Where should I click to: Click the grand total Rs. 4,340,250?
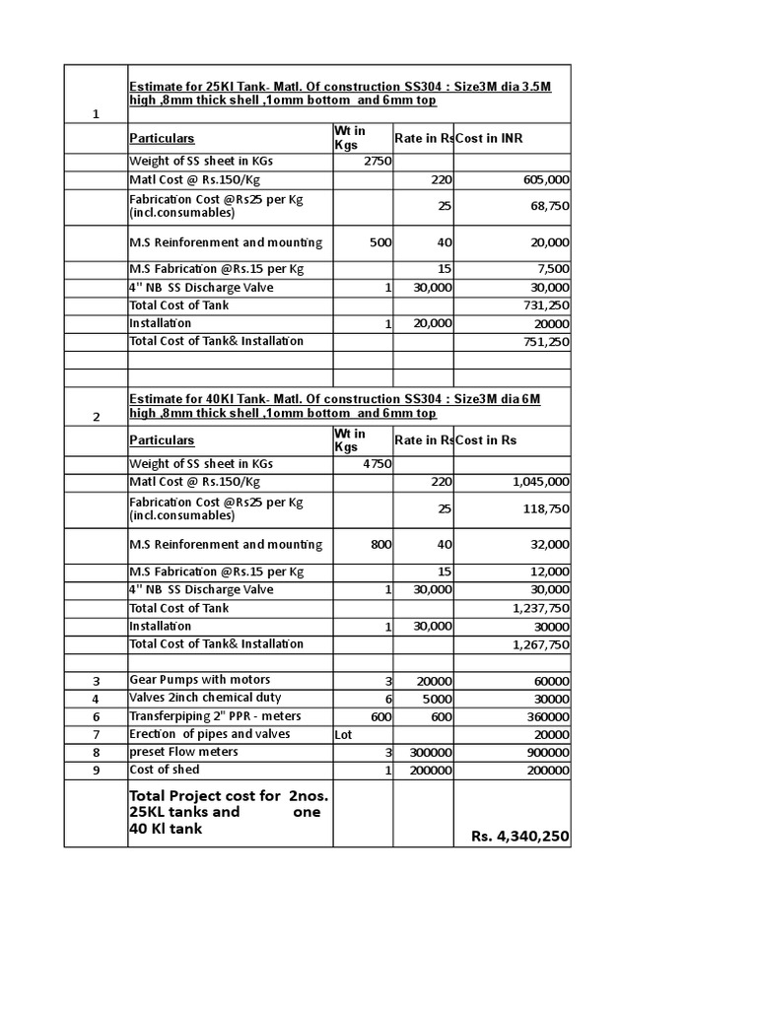519,837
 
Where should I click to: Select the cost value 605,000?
542,180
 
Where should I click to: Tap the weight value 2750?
378,161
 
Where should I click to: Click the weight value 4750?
378,463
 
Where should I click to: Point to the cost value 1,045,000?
541,482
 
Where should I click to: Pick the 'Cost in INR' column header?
489,139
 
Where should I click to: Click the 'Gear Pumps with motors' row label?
199,680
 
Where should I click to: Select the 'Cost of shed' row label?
164,770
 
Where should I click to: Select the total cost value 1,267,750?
541,644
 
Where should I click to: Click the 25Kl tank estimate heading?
340,94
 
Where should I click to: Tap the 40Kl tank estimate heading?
335,404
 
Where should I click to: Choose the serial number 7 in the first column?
97,735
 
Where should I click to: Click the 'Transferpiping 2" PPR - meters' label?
215,716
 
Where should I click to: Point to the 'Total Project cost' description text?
226,812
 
